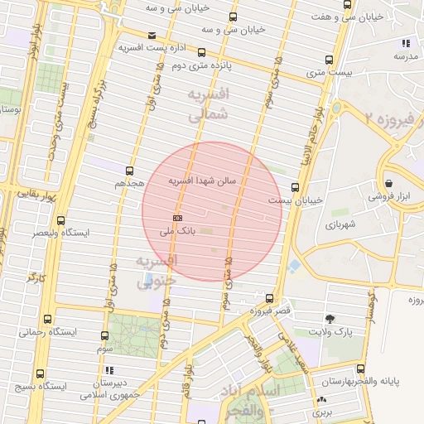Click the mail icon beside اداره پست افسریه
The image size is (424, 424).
(151, 36)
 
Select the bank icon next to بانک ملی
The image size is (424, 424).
(176, 217)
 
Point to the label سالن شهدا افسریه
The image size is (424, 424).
(203, 180)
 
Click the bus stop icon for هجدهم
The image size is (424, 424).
(129, 171)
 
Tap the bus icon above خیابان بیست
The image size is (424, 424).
(296, 188)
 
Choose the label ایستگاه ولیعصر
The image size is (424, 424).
(60, 233)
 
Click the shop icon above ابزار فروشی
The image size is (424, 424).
(388, 184)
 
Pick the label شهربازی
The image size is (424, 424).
(340, 224)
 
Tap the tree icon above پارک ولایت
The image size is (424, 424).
(330, 319)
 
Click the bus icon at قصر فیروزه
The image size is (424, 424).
(269, 298)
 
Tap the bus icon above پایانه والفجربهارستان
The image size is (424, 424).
(360, 369)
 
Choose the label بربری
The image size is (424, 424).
(322, 411)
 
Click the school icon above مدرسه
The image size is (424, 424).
(405, 43)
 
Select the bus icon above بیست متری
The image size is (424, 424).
(329, 60)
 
